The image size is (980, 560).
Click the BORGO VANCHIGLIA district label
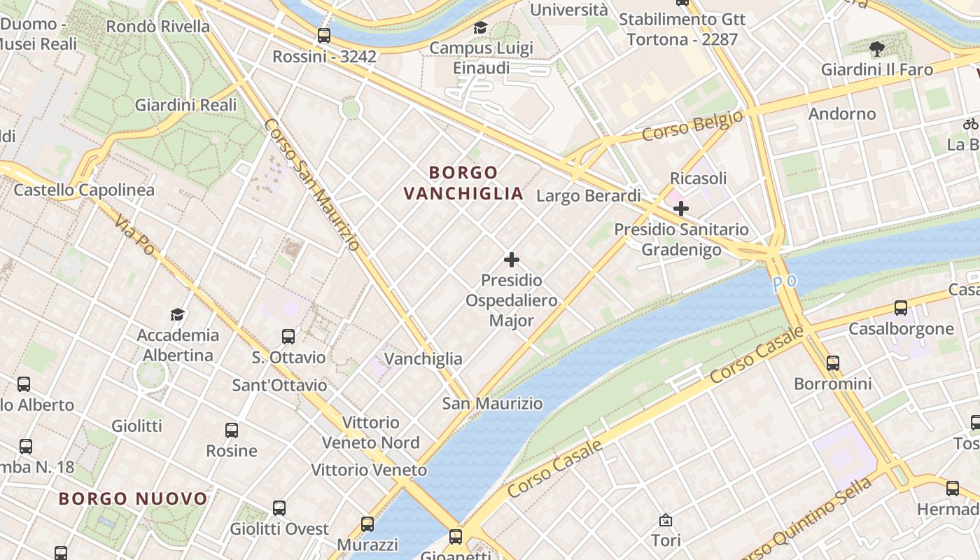463,183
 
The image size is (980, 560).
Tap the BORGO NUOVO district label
133,499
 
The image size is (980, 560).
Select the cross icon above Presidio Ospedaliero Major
512,260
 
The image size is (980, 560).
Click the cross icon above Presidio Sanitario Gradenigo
680,208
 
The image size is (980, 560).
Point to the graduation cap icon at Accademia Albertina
178,314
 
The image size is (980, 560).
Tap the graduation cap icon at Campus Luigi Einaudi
480,27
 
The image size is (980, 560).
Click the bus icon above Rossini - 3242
323,35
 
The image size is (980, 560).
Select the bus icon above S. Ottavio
288,337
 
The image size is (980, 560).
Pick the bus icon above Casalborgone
901,307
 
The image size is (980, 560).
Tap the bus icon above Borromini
832,363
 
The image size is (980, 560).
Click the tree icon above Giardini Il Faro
876,48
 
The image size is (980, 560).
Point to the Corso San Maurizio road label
312,184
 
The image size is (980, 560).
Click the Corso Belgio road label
692,125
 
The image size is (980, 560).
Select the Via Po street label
134,234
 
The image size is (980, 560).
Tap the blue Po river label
785,283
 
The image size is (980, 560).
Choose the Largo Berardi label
588,196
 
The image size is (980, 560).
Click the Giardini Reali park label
185,105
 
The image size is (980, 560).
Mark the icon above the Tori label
666,520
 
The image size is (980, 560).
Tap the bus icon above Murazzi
367,524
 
